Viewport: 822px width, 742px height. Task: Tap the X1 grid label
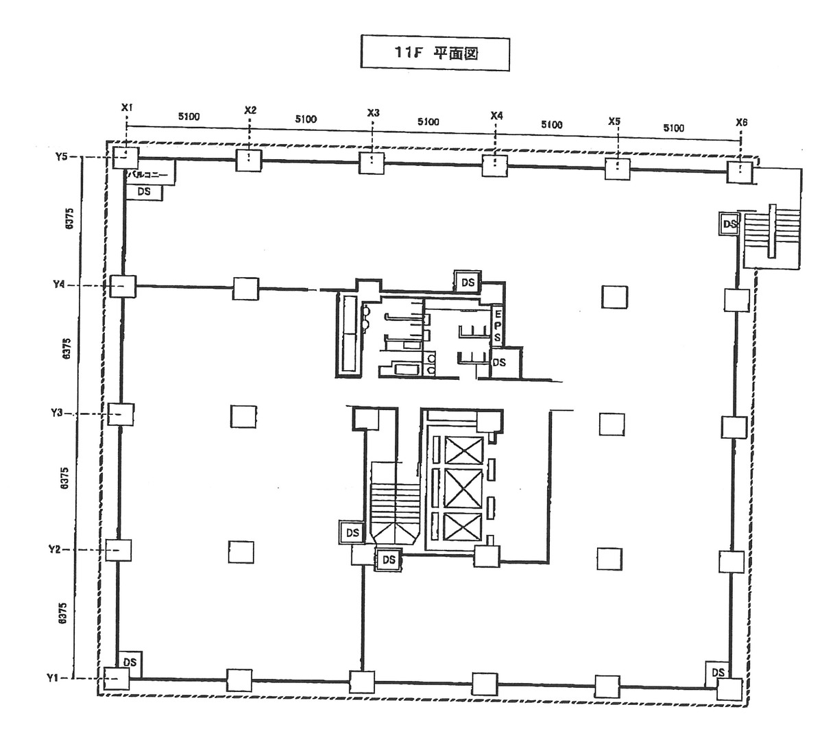tap(127, 108)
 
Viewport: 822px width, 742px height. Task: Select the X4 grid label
tap(496, 116)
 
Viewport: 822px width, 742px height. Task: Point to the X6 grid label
tap(741, 123)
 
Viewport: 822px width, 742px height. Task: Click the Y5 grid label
tap(62, 157)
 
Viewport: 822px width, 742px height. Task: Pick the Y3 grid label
tap(57, 413)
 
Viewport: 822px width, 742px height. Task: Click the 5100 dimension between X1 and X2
tap(189, 117)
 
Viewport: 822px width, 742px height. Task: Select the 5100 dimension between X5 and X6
tap(673, 128)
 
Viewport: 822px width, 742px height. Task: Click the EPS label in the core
tap(497, 325)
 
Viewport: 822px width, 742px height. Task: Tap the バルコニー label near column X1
tap(151, 174)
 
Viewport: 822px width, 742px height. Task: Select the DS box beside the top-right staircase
tap(729, 224)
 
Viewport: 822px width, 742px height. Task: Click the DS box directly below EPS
tap(499, 362)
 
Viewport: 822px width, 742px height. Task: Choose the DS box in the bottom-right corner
tap(717, 672)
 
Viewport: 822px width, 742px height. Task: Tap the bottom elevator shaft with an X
tap(464, 528)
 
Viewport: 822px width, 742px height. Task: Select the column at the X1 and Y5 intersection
tap(125, 158)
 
